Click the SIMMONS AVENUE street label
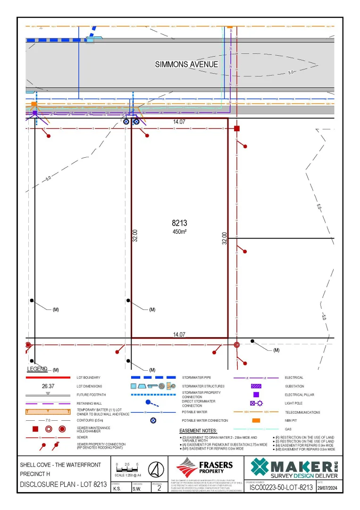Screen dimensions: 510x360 coord(186,64)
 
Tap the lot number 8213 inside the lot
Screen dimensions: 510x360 coord(179,223)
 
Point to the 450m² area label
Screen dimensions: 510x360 coord(179,232)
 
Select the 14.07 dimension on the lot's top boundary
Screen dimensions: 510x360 coord(179,122)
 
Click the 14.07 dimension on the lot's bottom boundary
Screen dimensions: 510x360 coord(179,334)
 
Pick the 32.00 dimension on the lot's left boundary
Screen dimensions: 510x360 coord(135,236)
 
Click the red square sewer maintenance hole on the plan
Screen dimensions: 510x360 coord(237,128)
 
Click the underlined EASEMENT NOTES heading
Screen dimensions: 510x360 coord(198,431)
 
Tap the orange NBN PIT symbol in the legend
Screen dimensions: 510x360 coord(256,420)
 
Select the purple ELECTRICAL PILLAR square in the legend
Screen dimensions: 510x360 coord(256,394)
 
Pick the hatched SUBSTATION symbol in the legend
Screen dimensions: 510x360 coord(256,386)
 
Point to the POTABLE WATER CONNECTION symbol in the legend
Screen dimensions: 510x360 coord(153,420)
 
